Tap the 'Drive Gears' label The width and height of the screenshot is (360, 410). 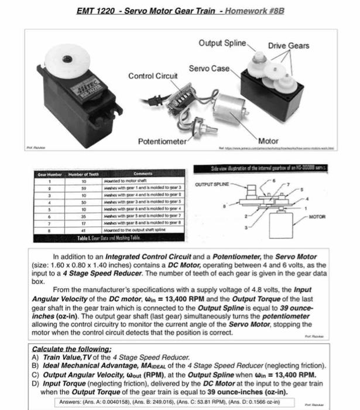pos(289,46)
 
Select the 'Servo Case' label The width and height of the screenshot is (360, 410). pos(209,69)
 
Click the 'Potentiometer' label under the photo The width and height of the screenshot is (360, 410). pos(162,142)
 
